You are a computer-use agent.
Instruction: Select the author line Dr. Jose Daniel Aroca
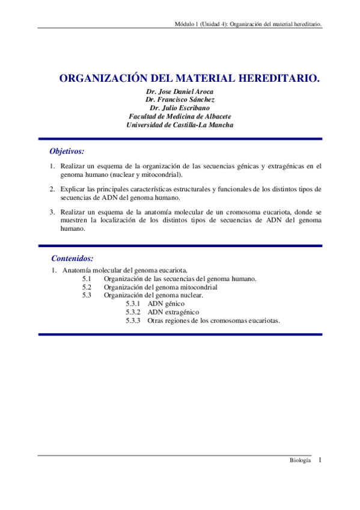pyautogui.click(x=180, y=91)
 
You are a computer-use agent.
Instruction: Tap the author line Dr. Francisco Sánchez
pyautogui.click(x=180, y=100)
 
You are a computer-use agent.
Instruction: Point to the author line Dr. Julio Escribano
pyautogui.click(x=180, y=108)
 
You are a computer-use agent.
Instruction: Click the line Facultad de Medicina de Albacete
pyautogui.click(x=180, y=117)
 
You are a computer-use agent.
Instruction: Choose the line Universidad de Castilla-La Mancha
pyautogui.click(x=180, y=125)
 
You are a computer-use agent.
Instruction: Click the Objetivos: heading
pyautogui.click(x=67, y=152)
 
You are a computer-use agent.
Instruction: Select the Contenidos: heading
pyautogui.click(x=72, y=258)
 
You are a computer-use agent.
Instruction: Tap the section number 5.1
pyautogui.click(x=87, y=278)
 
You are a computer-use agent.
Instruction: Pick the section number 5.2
pyautogui.click(x=87, y=287)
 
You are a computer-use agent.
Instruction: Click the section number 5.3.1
pyautogui.click(x=133, y=304)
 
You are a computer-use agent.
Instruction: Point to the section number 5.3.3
pyautogui.click(x=133, y=321)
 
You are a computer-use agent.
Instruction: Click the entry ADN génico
pyautogui.click(x=166, y=304)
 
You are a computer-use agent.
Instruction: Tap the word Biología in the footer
pyautogui.click(x=300, y=460)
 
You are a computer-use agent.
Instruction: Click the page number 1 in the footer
pyautogui.click(x=320, y=460)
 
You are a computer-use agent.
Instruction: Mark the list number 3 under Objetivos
pyautogui.click(x=52, y=212)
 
